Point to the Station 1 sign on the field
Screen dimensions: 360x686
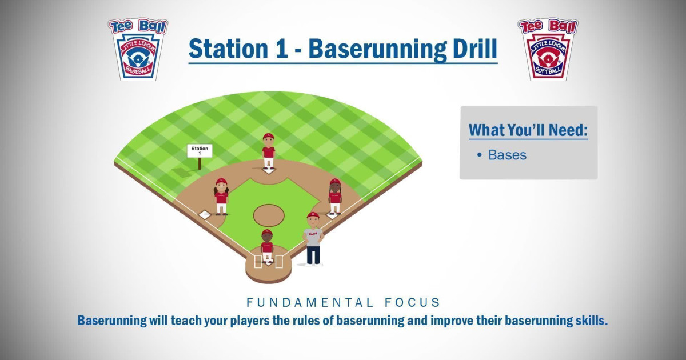tap(200, 151)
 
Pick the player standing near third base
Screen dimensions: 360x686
tap(221, 196)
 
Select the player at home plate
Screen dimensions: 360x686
tap(267, 246)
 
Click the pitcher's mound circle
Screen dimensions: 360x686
tap(269, 215)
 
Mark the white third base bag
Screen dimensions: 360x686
tap(204, 215)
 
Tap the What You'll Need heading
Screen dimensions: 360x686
tap(528, 130)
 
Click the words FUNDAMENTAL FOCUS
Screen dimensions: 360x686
tap(343, 302)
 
